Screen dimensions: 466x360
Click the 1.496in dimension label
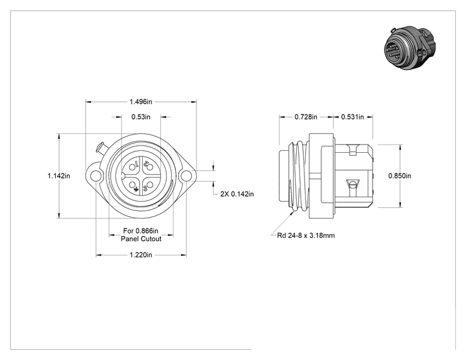click(140, 102)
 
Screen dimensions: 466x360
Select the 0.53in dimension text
click(141, 117)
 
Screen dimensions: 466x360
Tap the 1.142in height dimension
click(59, 176)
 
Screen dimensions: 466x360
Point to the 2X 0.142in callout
click(237, 194)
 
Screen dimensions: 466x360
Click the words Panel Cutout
click(141, 239)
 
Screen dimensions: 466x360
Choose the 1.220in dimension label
click(141, 255)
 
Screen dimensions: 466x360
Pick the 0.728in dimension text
click(306, 117)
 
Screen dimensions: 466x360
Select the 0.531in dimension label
click(353, 117)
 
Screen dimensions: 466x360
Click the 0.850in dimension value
click(400, 176)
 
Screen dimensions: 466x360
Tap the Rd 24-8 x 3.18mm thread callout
click(306, 235)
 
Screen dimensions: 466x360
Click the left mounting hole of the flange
click(95, 176)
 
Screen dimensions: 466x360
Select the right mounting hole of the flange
click(187, 176)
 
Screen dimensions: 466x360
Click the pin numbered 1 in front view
click(132, 167)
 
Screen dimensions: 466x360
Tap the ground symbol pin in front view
click(132, 185)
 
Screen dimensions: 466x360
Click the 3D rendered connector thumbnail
click(410, 48)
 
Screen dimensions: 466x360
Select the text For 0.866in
click(141, 231)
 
